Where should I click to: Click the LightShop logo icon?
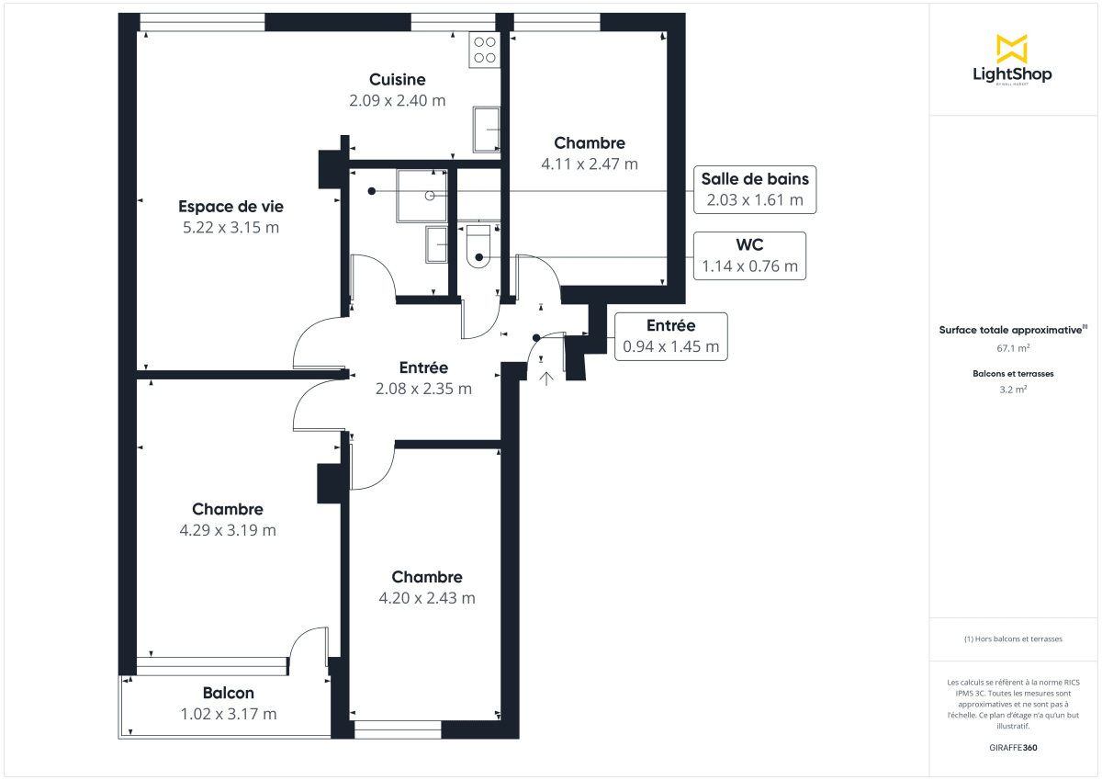point(1012,49)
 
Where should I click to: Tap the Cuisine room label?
point(397,80)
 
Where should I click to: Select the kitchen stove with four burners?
point(484,50)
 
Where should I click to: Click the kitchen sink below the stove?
point(486,129)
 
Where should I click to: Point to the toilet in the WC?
point(479,249)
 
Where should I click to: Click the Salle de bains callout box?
point(754,189)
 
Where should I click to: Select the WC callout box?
point(749,255)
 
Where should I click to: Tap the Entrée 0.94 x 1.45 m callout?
point(670,336)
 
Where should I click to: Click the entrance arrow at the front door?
point(546,378)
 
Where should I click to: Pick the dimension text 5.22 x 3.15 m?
point(230,228)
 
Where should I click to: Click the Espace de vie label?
point(230,207)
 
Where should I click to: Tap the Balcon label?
point(228,694)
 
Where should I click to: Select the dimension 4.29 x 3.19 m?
point(228,530)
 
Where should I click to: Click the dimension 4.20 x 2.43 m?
point(427,598)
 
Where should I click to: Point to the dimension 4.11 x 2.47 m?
point(590,164)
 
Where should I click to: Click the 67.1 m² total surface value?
point(1013,349)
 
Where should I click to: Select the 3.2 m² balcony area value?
point(1013,390)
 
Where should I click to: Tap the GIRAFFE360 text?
point(1013,748)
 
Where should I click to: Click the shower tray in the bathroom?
point(422,195)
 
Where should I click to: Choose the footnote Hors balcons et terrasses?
point(1013,639)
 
